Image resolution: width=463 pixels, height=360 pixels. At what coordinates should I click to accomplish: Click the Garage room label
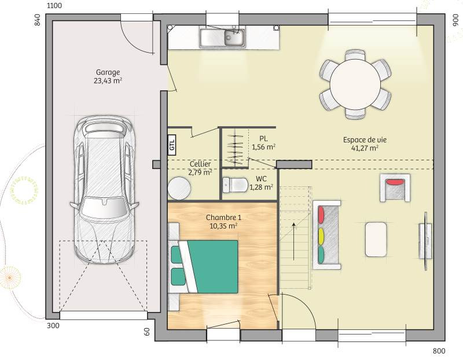coord(108,72)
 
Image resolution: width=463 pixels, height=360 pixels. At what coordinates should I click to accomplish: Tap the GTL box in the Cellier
coord(172,145)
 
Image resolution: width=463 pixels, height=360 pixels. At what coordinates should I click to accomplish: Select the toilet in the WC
coord(235,185)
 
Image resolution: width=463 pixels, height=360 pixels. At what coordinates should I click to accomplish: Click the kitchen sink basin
coord(235,38)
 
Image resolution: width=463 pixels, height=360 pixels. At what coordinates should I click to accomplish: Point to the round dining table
coord(355,84)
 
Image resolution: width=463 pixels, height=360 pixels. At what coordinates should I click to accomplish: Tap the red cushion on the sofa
coord(321,215)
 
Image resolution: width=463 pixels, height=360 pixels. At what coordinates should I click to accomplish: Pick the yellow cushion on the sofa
coord(321,236)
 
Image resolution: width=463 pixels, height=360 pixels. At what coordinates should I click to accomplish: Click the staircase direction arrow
coord(294,241)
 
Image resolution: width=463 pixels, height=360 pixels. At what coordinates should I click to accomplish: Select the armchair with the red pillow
coord(395,188)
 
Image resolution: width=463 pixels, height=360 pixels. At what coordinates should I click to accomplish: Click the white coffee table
coord(376,240)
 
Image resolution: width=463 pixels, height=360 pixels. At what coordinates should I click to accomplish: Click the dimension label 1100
coord(54,6)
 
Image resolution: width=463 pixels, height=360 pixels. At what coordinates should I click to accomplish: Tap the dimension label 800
coord(439,351)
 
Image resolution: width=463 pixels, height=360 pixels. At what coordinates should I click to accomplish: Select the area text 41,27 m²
coord(365,148)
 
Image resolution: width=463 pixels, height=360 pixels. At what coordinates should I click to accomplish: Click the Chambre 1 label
coord(223,218)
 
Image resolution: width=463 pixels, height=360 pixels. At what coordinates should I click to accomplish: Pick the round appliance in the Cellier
coord(179,188)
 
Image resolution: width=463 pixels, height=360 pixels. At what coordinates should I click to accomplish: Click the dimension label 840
coord(38,20)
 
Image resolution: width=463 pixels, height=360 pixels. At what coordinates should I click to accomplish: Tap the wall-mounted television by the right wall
coord(425,241)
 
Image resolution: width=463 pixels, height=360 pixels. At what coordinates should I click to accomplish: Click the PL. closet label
coord(264,138)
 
